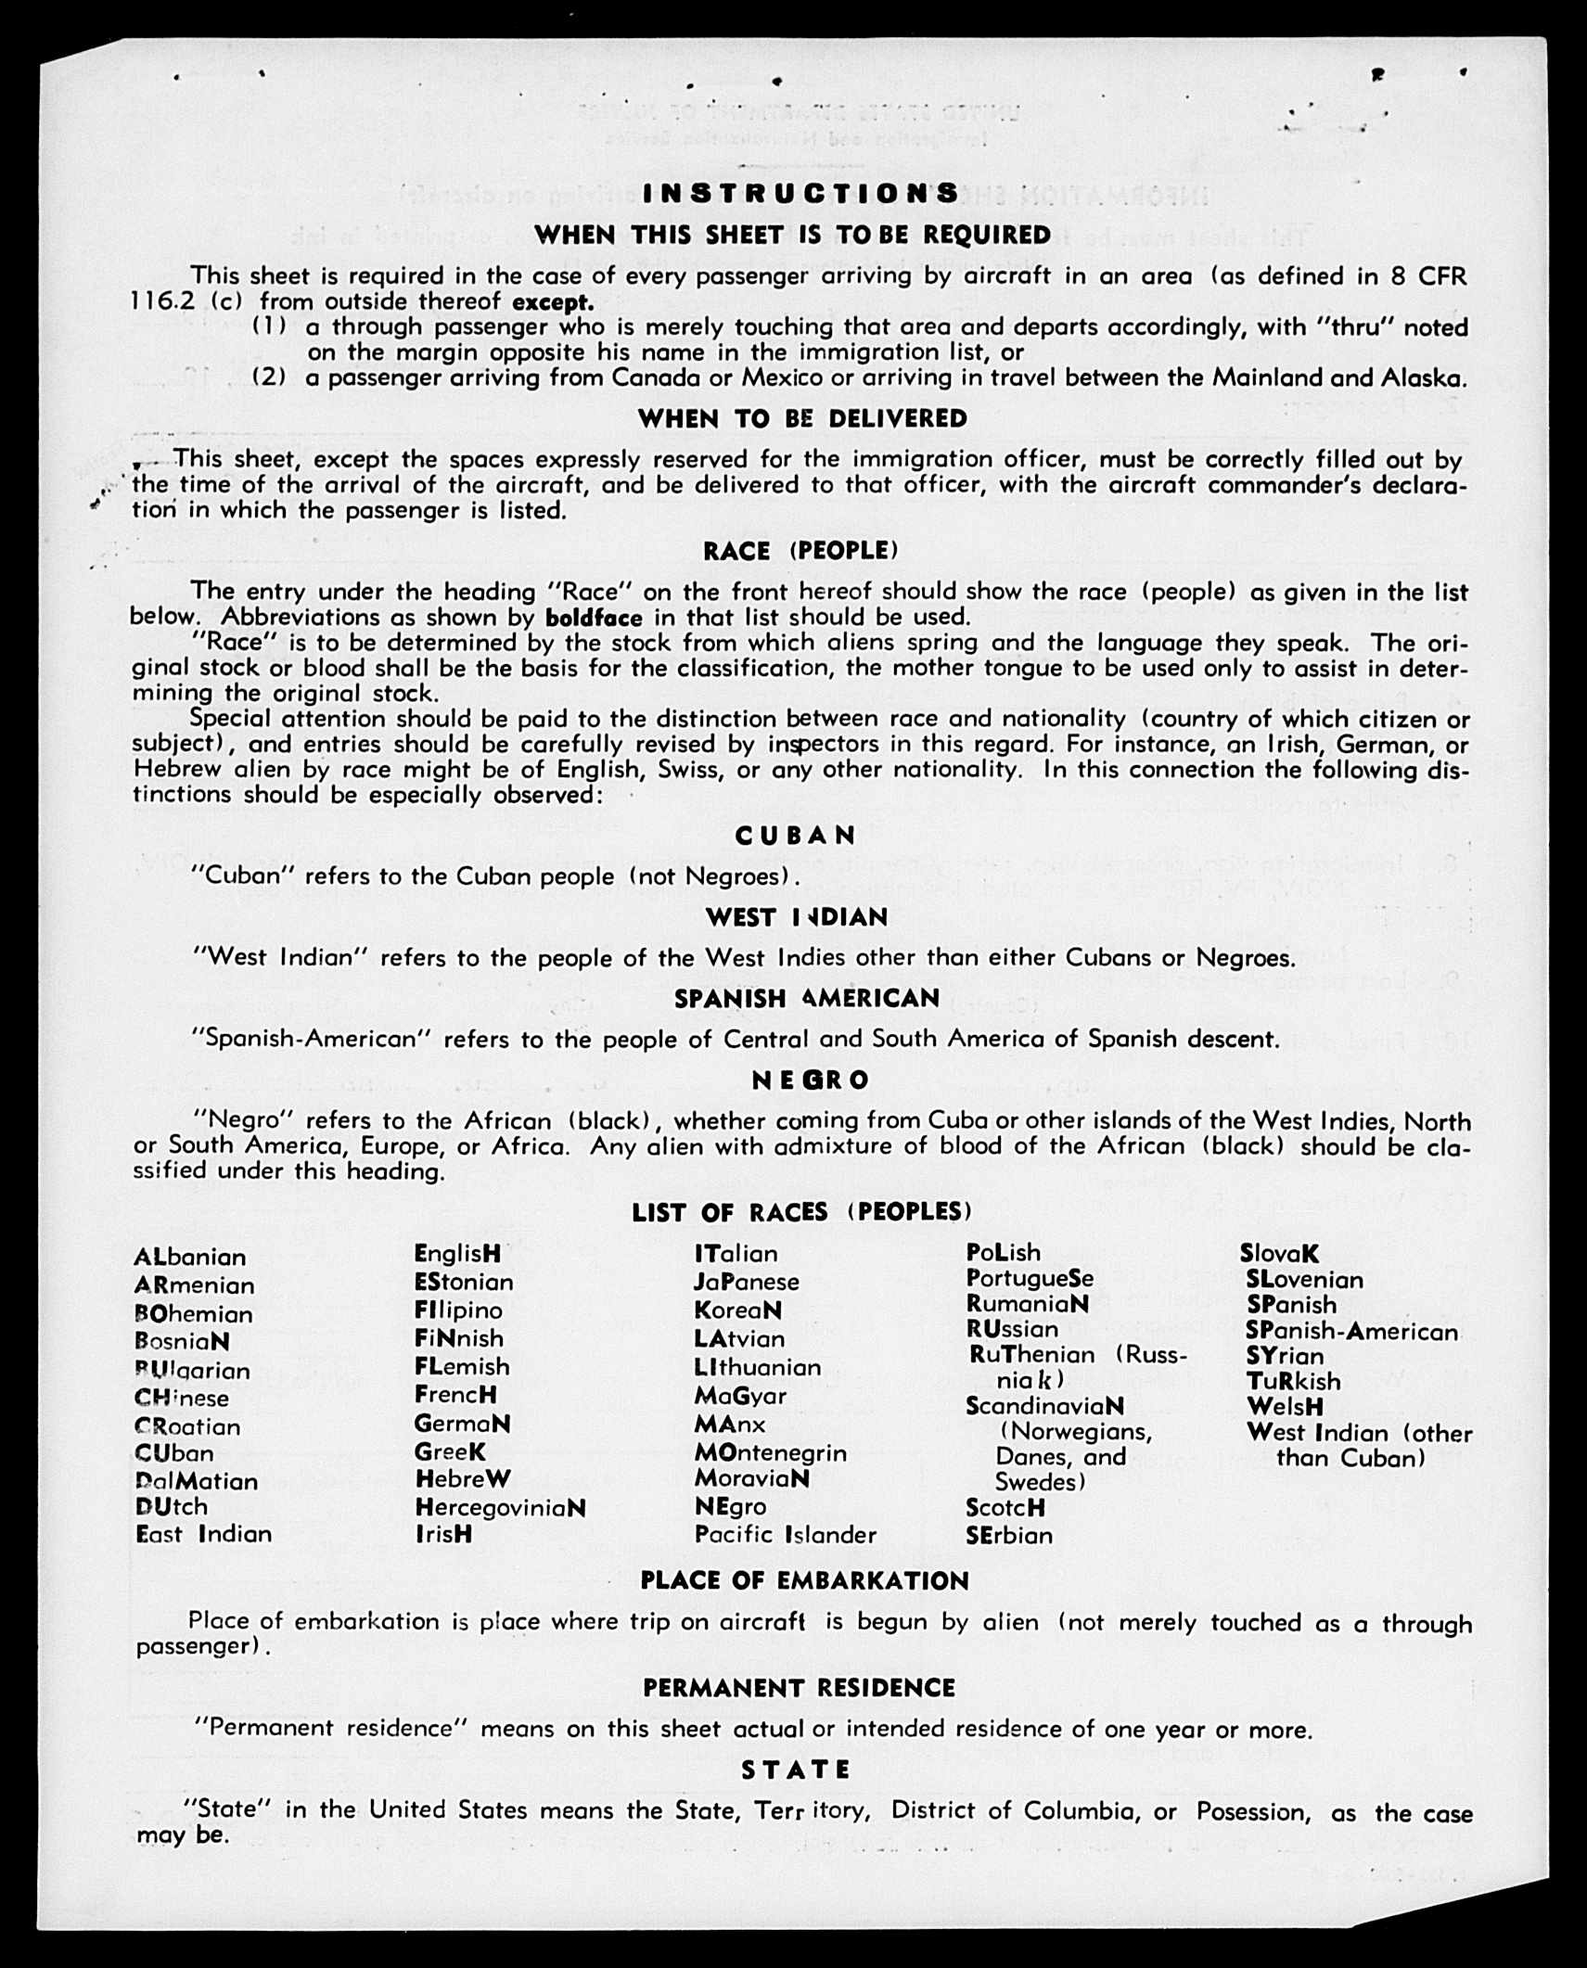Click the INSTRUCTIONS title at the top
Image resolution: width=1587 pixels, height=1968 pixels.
[800, 193]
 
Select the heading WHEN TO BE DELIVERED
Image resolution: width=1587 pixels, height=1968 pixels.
[802, 419]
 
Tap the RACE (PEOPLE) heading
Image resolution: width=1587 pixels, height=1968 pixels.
[800, 551]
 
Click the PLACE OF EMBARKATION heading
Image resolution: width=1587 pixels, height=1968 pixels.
[804, 1581]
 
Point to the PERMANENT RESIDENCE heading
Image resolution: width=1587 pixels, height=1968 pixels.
[799, 1688]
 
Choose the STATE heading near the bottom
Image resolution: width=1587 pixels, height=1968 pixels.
[796, 1770]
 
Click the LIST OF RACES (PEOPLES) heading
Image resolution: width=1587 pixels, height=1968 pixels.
[801, 1212]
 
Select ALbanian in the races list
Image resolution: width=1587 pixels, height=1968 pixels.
[190, 1258]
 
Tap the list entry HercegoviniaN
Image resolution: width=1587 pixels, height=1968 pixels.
[500, 1508]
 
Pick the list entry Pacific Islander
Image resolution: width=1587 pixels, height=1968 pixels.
[785, 1535]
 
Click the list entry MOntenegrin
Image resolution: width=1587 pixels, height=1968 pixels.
[770, 1452]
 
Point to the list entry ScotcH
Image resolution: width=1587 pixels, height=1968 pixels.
[1005, 1508]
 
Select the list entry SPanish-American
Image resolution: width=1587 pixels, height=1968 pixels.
[1351, 1333]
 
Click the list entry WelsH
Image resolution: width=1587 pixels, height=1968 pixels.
[1285, 1407]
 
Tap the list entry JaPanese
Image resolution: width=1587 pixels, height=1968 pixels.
[746, 1282]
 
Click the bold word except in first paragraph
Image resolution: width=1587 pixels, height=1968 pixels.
[553, 302]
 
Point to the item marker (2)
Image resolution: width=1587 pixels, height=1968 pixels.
[268, 377]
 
